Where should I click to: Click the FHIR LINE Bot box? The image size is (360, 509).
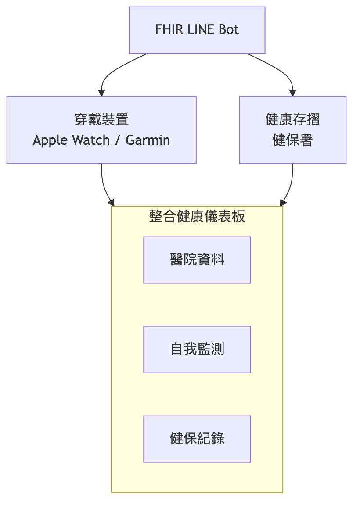tap(197, 30)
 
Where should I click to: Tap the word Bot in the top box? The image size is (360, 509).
tap(228, 30)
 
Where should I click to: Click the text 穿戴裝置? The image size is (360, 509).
tap(101, 119)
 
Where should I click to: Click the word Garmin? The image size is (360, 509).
tap(148, 140)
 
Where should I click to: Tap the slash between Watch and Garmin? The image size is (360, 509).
tap(118, 140)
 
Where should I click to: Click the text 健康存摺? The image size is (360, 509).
tap(292, 119)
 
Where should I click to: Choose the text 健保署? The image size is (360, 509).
tap(292, 140)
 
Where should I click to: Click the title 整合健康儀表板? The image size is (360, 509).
tap(197, 216)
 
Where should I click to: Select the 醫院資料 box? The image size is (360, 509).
tap(197, 260)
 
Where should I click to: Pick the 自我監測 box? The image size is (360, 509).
tap(197, 349)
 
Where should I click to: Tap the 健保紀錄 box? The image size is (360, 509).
tap(197, 439)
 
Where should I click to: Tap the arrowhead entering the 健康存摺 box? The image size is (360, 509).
tap(292, 93)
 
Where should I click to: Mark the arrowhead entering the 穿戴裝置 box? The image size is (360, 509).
tap(101, 93)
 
